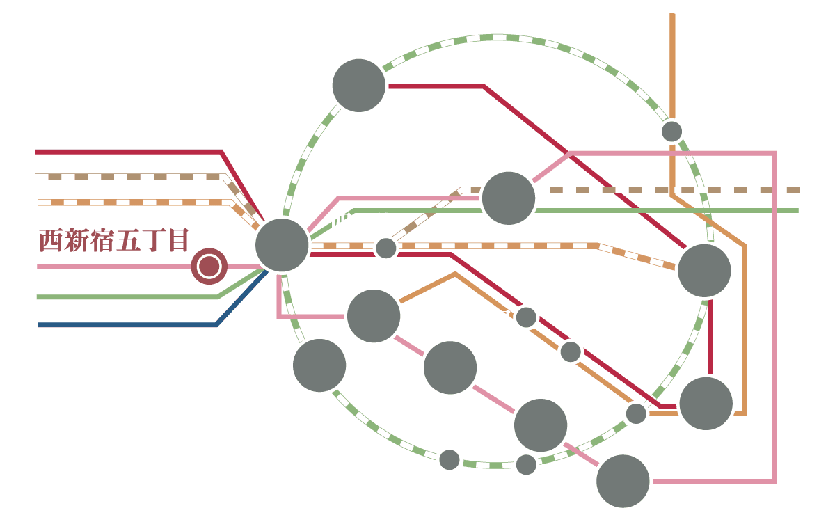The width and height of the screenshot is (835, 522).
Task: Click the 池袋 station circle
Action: (x=359, y=86)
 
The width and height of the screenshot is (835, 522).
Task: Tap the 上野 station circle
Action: (x=671, y=131)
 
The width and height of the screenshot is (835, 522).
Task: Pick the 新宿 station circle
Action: (x=282, y=244)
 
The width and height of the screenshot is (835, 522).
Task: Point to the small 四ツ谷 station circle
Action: (x=385, y=248)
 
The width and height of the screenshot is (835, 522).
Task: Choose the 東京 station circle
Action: (x=704, y=271)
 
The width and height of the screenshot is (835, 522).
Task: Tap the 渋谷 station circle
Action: (x=319, y=366)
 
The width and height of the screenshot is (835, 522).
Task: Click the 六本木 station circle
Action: (x=450, y=368)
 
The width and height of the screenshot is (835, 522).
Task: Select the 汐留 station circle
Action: (x=623, y=480)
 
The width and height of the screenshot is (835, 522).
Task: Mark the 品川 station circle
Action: (x=450, y=459)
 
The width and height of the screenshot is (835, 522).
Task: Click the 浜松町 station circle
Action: (x=526, y=464)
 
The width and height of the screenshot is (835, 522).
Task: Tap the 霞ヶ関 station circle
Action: (x=571, y=351)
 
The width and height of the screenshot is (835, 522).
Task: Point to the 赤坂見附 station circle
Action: (x=526, y=317)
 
